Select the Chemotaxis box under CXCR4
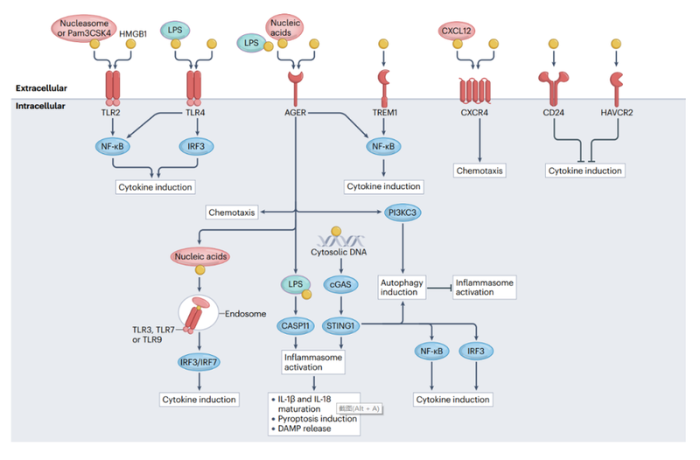478,170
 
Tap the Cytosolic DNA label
338,253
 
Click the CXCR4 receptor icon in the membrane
477,90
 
